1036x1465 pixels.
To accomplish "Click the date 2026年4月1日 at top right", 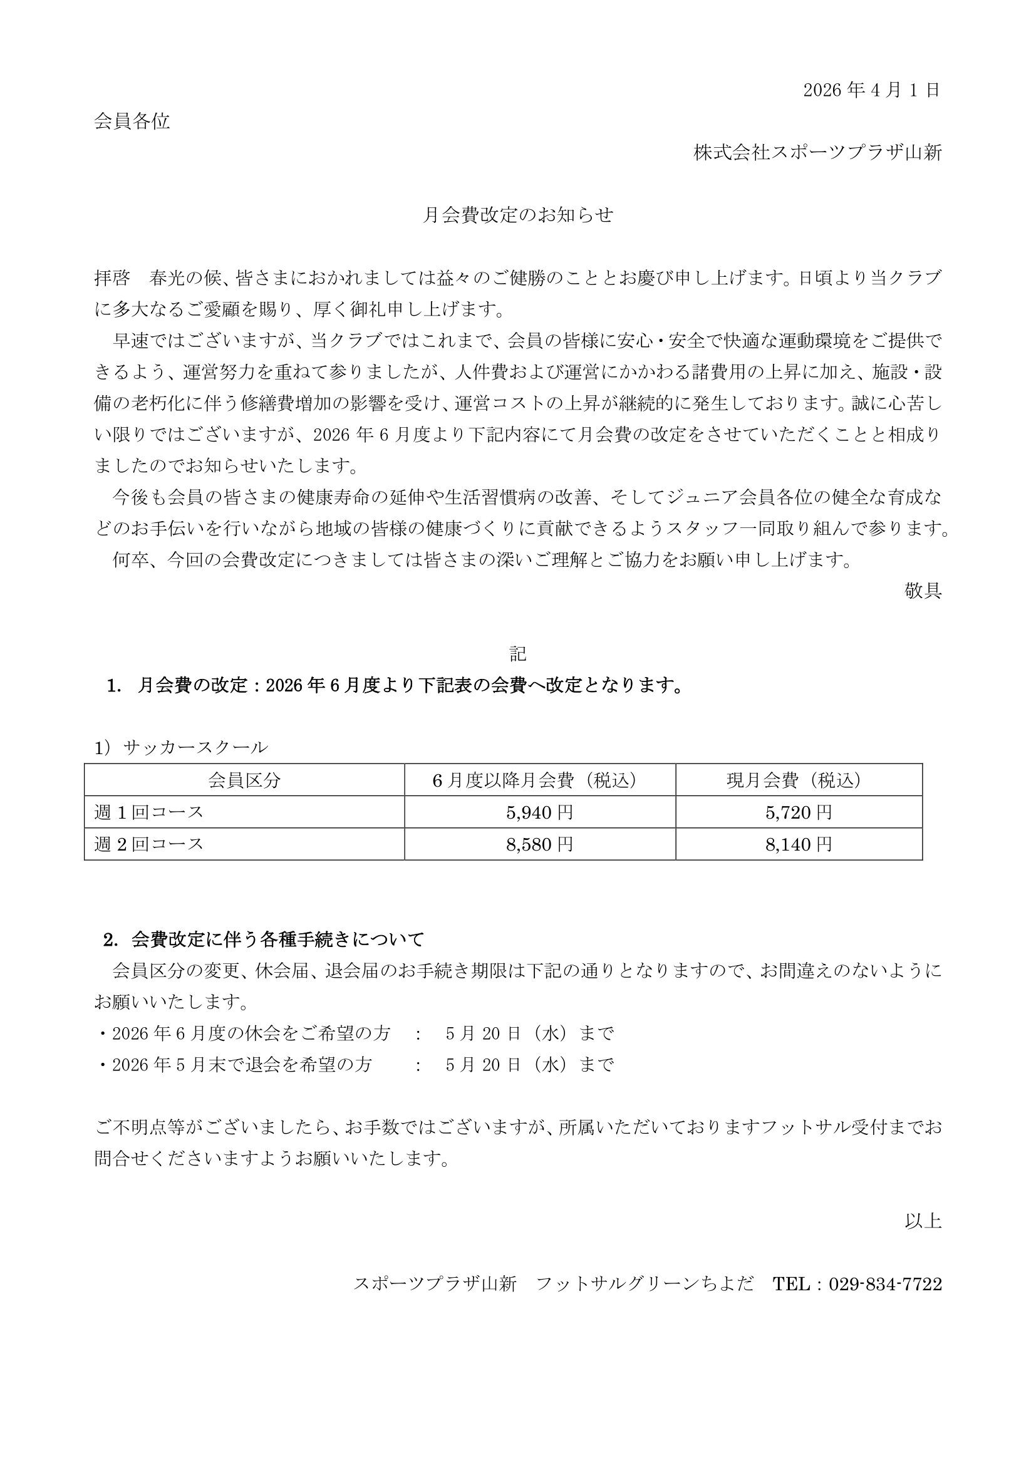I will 871,90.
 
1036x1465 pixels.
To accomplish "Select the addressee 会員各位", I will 132,122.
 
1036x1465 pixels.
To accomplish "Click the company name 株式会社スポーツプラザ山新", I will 818,152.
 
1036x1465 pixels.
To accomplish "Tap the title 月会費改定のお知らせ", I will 517,215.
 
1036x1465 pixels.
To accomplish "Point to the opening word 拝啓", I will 111,278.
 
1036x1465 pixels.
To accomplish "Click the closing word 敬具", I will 923,590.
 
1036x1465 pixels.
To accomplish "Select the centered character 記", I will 517,653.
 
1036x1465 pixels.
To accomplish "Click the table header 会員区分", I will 244,780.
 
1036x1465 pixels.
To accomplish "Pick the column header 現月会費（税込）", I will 799,780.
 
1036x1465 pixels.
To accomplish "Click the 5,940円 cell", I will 540,812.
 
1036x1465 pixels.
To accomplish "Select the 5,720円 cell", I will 799,812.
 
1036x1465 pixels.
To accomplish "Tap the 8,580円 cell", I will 540,844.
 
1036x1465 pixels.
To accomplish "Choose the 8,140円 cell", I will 799,844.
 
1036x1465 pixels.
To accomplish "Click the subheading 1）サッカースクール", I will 181,747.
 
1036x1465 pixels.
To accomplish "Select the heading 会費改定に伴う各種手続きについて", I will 277,940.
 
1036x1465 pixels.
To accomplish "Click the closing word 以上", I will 923,1221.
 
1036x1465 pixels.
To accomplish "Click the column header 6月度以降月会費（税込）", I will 540,780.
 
